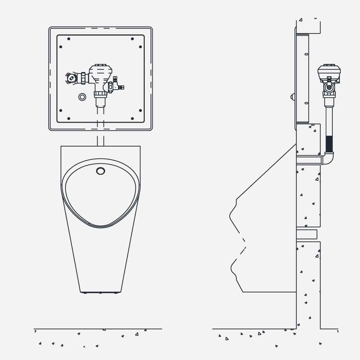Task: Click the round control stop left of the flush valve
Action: [x=72, y=77]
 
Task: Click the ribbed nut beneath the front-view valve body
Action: [x=100, y=94]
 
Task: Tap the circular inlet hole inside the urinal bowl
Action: [x=101, y=171]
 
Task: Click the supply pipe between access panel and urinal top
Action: [x=100, y=140]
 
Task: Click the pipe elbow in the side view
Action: [x=328, y=159]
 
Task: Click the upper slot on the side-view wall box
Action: [x=306, y=54]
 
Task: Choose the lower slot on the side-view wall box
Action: [x=306, y=103]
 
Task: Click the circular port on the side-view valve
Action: [x=329, y=87]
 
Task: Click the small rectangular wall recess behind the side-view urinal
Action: [x=306, y=234]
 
